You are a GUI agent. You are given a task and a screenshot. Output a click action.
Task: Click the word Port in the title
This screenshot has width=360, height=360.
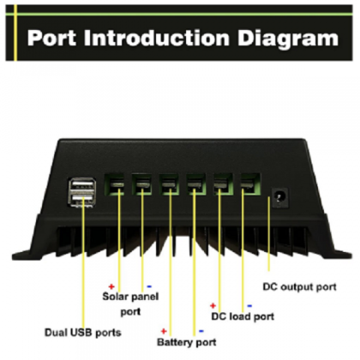pos(51,38)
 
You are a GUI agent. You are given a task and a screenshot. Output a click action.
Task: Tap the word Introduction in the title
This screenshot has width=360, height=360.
pos(157,38)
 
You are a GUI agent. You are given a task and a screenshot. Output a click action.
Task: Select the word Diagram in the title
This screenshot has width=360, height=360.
pos(288,39)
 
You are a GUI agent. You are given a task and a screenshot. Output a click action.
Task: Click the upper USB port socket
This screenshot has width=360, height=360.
pos(81,184)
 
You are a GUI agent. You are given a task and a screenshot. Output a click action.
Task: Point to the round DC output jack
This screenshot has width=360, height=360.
pos(279,198)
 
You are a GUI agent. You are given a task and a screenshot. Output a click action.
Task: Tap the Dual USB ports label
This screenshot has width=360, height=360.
pos(83,333)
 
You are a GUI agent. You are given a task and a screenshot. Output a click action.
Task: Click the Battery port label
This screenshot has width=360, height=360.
pos(187,342)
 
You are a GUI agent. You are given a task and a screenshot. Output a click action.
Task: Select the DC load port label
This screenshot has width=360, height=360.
pos(243,316)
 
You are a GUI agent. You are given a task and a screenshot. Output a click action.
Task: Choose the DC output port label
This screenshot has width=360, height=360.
pos(300,287)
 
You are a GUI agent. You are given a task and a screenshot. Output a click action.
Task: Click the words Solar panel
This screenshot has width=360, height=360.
pos(130,297)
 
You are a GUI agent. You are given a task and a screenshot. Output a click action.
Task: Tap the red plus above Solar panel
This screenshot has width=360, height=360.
pos(111,286)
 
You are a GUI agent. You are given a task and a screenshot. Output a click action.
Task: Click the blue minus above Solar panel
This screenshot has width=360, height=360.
pos(149,286)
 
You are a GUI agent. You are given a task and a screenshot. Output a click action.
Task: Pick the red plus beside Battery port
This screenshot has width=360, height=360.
pos(164,331)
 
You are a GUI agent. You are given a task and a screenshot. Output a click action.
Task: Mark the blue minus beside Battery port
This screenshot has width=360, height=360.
pos(201,331)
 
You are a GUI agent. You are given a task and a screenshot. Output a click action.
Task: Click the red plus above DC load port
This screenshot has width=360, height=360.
pos(213,306)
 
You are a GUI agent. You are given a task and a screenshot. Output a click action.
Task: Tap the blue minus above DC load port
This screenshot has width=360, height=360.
pos(249,306)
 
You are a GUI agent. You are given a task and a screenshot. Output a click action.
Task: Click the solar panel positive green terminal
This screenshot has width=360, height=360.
pos(114,184)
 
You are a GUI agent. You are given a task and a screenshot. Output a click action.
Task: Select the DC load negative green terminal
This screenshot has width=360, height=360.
pos(250,184)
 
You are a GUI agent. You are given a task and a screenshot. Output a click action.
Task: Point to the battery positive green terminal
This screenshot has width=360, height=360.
pos(169,184)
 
